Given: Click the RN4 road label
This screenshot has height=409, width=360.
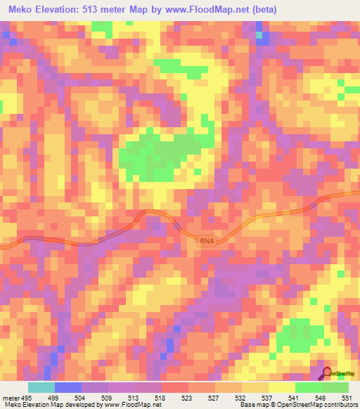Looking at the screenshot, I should point(206,241).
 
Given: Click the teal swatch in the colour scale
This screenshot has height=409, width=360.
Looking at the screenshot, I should point(41,388).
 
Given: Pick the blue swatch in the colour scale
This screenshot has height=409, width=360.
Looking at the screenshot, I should point(68,388).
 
